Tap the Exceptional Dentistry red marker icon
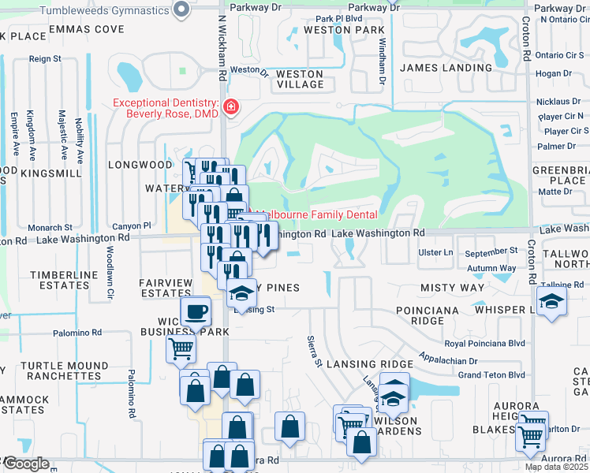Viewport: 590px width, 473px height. pos(231,107)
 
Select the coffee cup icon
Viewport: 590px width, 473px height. pos(196,311)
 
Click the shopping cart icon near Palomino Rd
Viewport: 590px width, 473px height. pos(181,348)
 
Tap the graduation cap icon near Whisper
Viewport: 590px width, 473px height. pos(551,300)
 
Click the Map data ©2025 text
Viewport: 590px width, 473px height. pos(555,467)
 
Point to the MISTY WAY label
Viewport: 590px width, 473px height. pos(452,288)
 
